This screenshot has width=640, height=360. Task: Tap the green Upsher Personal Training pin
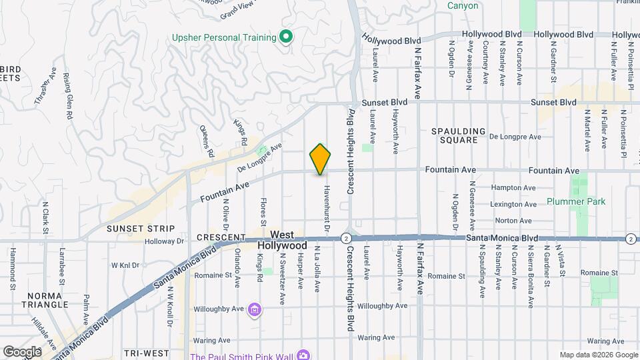click(286, 36)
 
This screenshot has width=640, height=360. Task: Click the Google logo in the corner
click(21, 351)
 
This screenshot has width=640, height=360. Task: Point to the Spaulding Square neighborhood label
click(459, 135)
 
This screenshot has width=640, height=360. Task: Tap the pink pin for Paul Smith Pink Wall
click(303, 355)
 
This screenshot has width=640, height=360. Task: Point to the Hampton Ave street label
click(513, 188)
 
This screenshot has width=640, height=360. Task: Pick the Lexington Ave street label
click(513, 204)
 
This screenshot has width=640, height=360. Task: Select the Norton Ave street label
click(513, 221)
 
